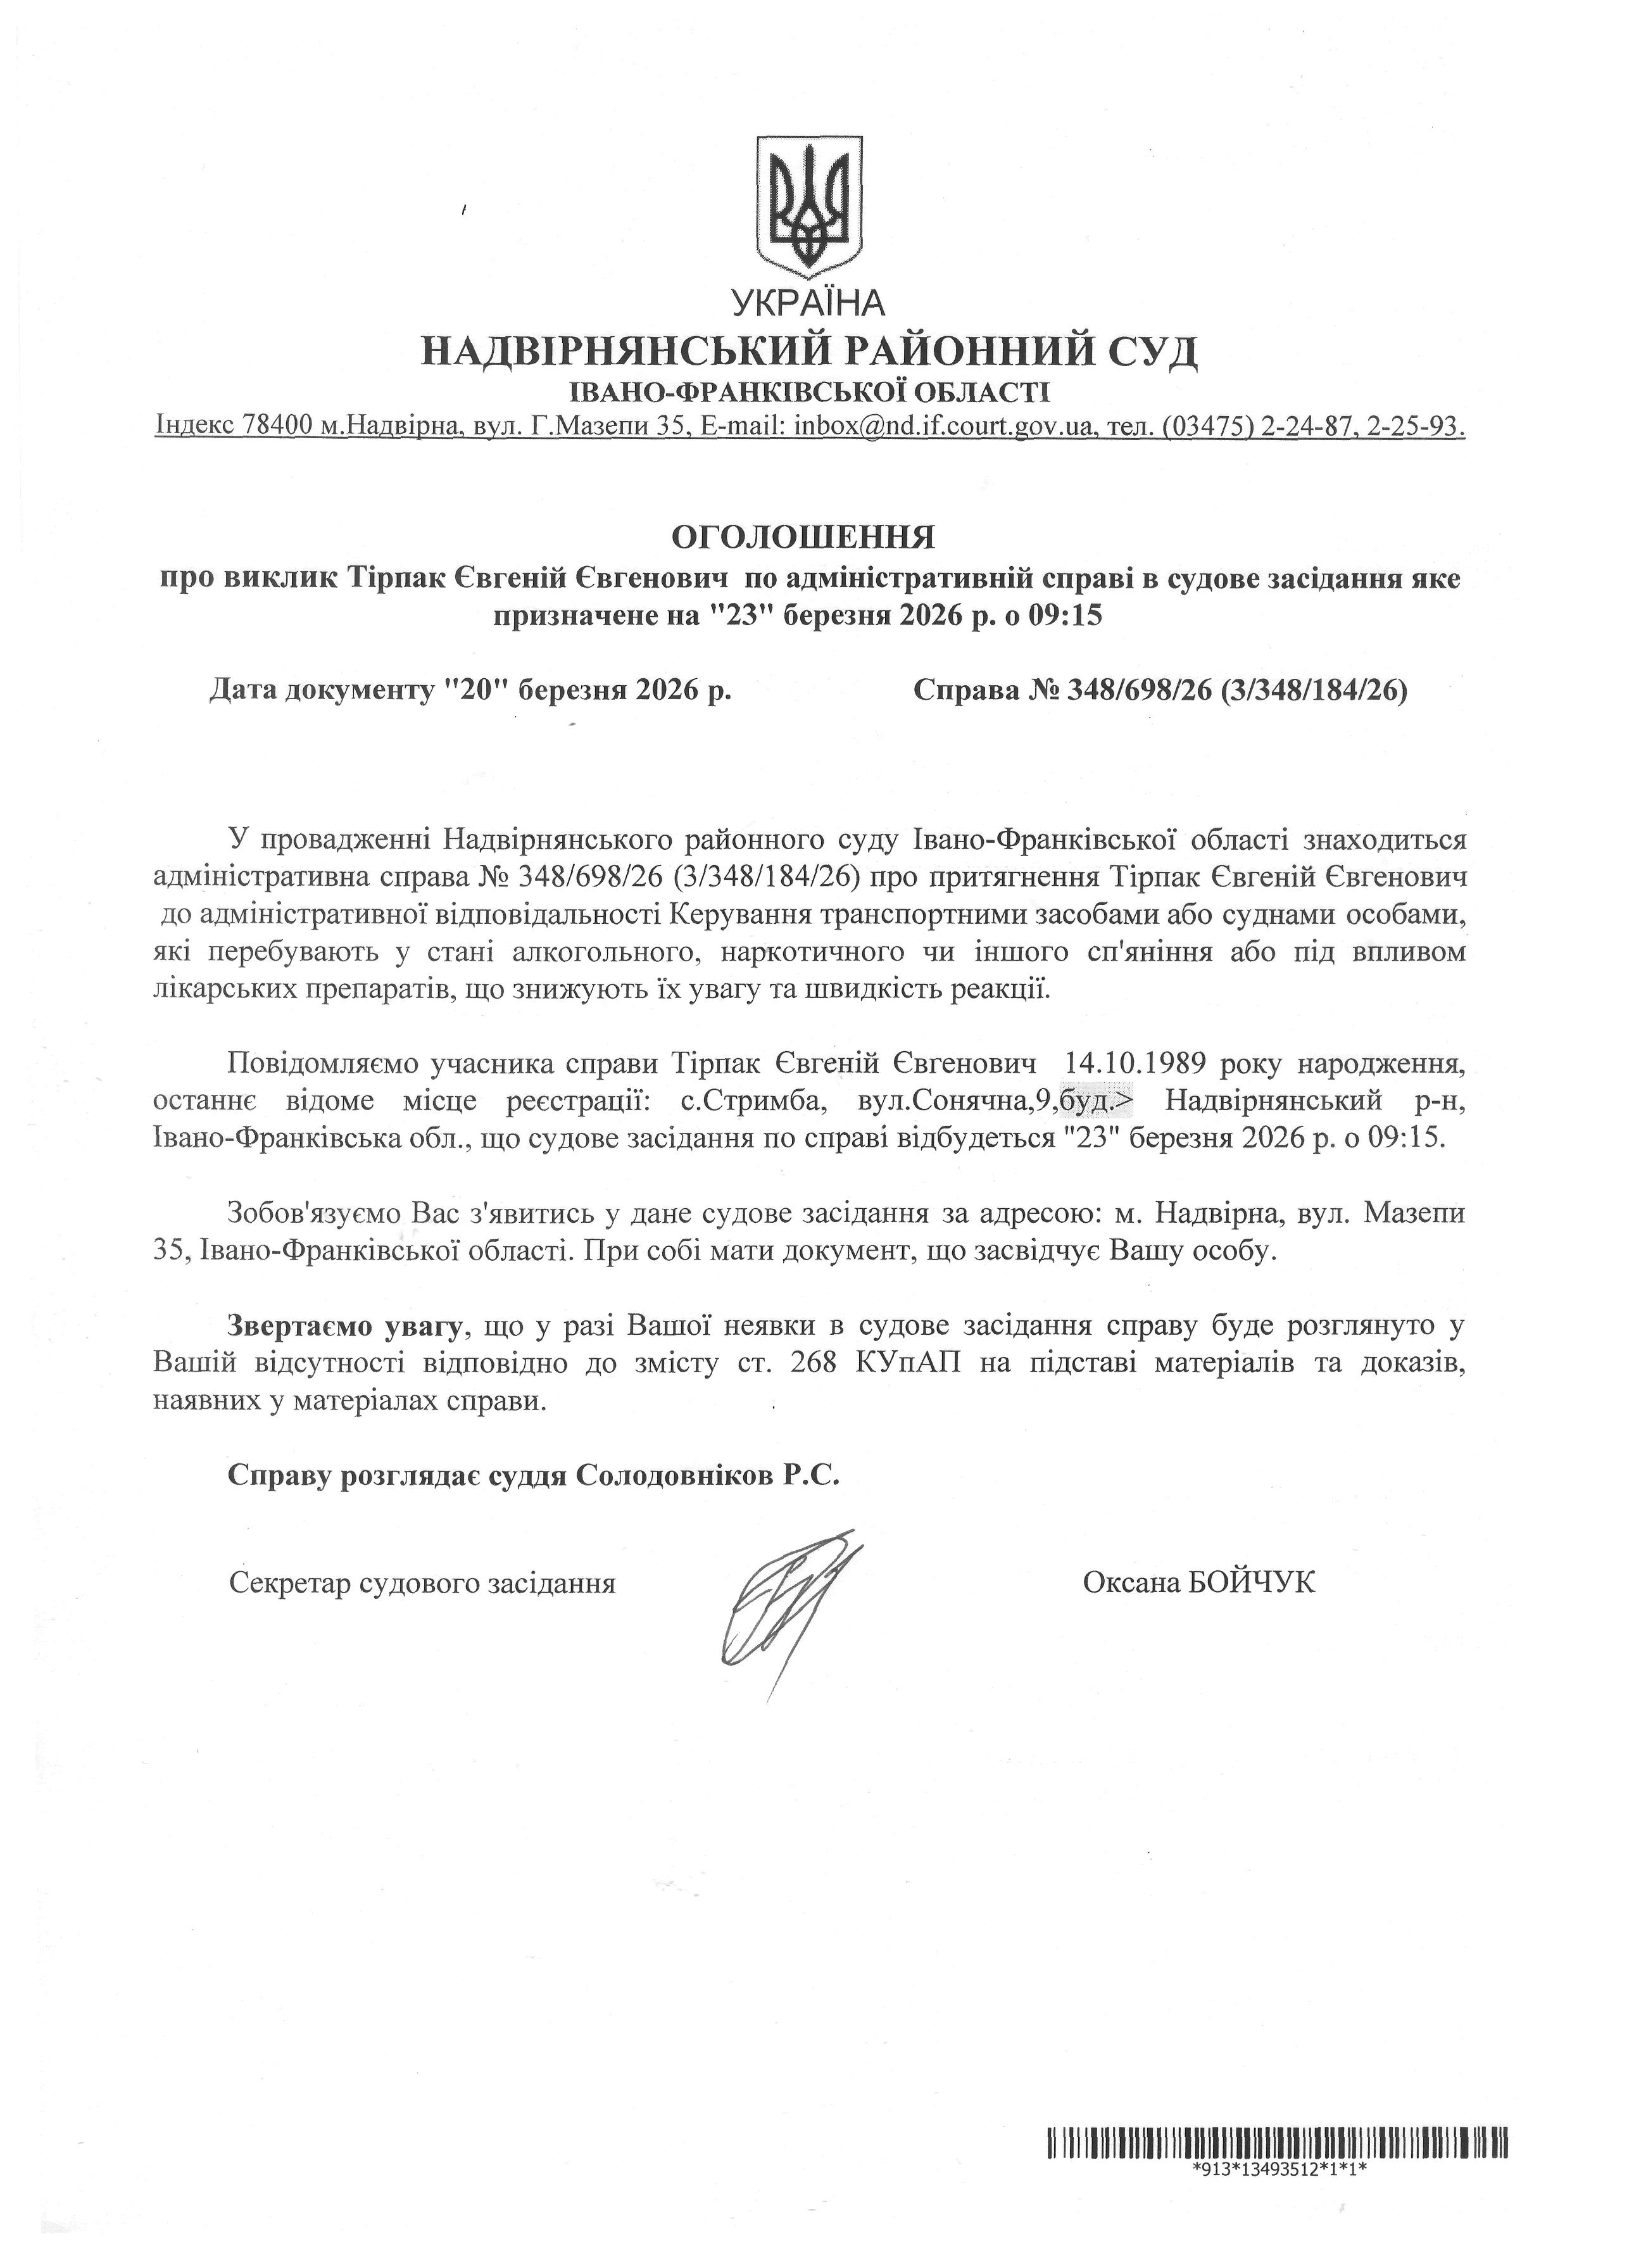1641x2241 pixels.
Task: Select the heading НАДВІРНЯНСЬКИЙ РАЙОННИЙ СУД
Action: (x=810, y=351)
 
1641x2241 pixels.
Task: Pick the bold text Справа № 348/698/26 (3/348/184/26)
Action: (x=1160, y=690)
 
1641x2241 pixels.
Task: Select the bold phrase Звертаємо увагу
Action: (x=346, y=1325)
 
